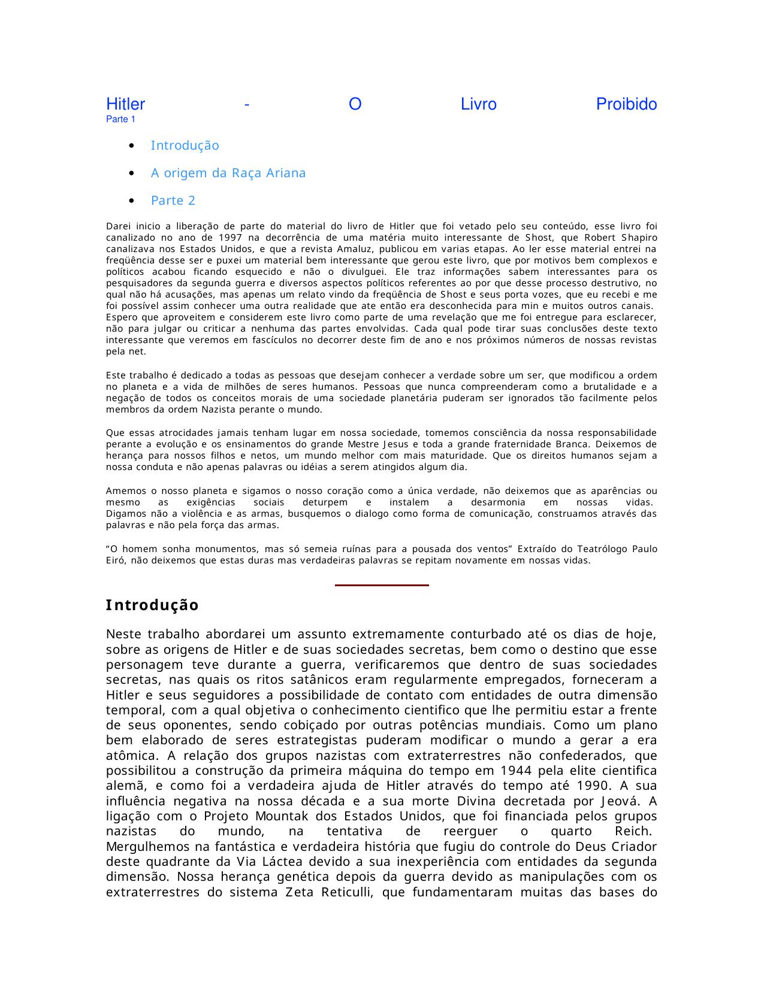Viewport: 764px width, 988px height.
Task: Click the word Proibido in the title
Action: click(x=626, y=105)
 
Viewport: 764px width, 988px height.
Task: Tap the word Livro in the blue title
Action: click(x=478, y=105)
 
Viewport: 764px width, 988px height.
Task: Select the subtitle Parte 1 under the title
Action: click(x=120, y=119)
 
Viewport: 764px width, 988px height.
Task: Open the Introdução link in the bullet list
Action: click(x=185, y=146)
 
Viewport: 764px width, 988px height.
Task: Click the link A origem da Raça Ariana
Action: click(x=228, y=173)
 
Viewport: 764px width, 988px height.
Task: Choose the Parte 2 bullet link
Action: click(x=173, y=201)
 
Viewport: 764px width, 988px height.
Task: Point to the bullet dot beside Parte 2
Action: click(x=131, y=201)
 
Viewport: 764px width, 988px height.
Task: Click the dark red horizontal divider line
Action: click(x=382, y=585)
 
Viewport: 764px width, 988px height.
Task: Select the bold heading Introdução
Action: click(x=152, y=605)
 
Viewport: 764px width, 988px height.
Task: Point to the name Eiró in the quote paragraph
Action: click(x=116, y=560)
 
